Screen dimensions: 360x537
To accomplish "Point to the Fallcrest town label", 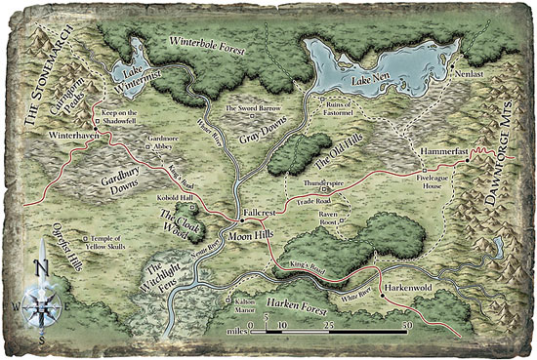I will (263, 211).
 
